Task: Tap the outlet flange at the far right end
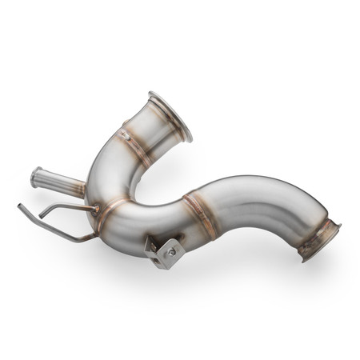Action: (319, 239)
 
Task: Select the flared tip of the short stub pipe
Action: (36, 177)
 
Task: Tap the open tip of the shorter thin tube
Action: (41, 217)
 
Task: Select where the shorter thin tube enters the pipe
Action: (95, 209)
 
